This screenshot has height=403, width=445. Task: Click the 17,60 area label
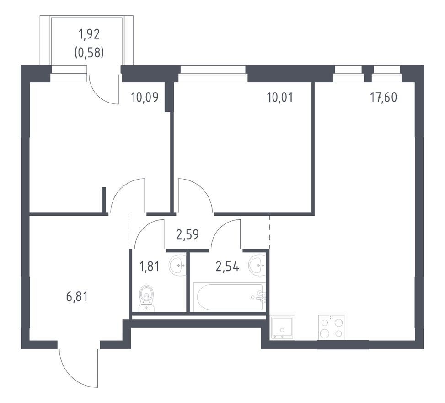(x=383, y=98)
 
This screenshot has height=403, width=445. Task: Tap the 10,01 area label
(x=279, y=98)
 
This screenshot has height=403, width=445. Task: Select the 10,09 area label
(x=145, y=98)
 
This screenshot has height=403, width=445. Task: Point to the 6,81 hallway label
(x=77, y=297)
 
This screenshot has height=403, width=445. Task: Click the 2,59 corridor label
(x=188, y=235)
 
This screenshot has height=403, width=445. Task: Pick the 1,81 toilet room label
(x=149, y=267)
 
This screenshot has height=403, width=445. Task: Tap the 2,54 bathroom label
(x=227, y=267)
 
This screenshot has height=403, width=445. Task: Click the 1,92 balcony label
(x=89, y=34)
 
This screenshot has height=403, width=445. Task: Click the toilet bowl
(x=146, y=299)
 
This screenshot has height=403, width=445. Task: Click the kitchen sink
(x=283, y=327)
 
